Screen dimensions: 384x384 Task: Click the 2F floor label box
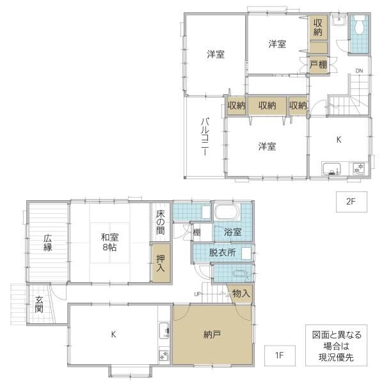click(351, 202)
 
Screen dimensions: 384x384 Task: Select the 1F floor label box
click(280, 355)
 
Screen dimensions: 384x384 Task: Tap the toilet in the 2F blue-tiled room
click(359, 26)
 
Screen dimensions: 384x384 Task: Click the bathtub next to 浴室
click(227, 212)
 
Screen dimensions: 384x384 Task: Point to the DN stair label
click(359, 71)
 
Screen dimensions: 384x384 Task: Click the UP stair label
click(198, 294)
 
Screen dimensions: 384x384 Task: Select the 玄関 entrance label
click(39, 305)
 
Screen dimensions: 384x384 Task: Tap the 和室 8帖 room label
click(109, 242)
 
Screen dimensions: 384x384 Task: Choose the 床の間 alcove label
click(161, 222)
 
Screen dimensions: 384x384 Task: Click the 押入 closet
click(161, 262)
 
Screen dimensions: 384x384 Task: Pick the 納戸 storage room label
click(212, 334)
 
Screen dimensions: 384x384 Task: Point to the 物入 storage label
click(241, 293)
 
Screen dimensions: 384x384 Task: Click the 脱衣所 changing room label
click(222, 253)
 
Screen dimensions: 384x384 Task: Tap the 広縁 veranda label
click(48, 243)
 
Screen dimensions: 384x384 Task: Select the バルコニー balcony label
click(205, 137)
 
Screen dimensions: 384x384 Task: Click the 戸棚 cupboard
click(318, 65)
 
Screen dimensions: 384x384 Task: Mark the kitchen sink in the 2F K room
click(332, 169)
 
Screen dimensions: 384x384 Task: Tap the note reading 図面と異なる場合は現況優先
click(337, 346)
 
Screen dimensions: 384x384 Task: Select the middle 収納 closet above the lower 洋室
click(267, 106)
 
